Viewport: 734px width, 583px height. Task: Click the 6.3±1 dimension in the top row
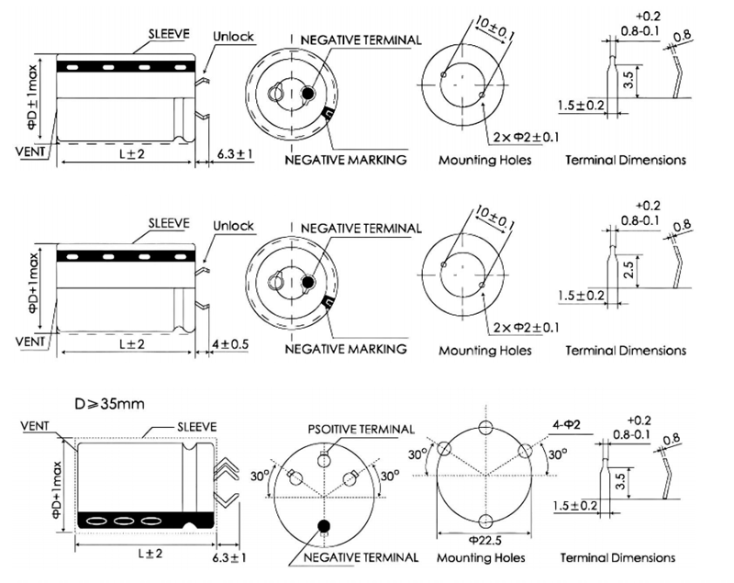232,153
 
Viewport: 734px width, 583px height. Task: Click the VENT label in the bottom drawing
35,427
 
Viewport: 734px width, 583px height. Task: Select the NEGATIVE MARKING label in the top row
346,160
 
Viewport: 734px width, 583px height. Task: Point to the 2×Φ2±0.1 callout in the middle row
526,327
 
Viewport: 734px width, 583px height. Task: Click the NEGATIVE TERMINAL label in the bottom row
361,557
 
